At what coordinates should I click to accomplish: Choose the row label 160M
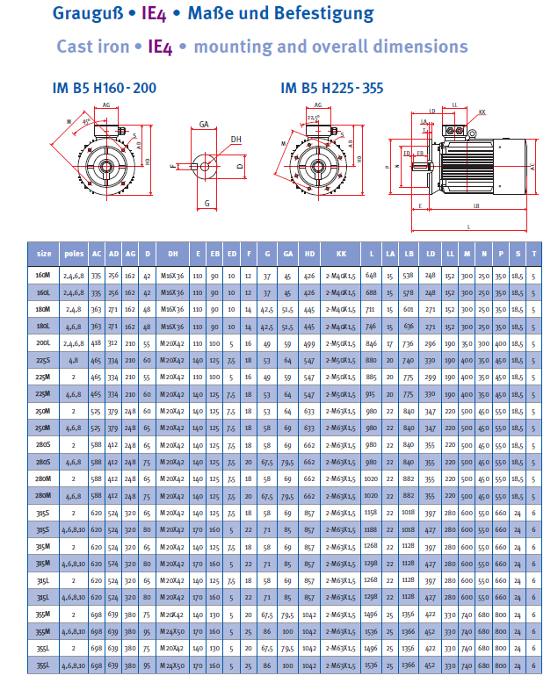tap(43, 275)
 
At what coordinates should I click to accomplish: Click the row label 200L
tap(43, 343)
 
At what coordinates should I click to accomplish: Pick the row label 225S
tap(43, 360)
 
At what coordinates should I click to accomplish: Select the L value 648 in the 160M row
tap(371, 275)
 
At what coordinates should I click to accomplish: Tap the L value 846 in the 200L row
tap(371, 343)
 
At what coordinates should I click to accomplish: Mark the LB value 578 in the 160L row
tap(409, 291)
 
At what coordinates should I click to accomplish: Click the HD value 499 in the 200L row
tap(309, 343)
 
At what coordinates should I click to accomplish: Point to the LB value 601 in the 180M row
tap(409, 309)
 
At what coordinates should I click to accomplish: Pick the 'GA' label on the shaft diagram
tap(204, 125)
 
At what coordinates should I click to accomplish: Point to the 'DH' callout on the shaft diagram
tap(236, 139)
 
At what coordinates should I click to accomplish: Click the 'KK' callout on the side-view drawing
tap(482, 112)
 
